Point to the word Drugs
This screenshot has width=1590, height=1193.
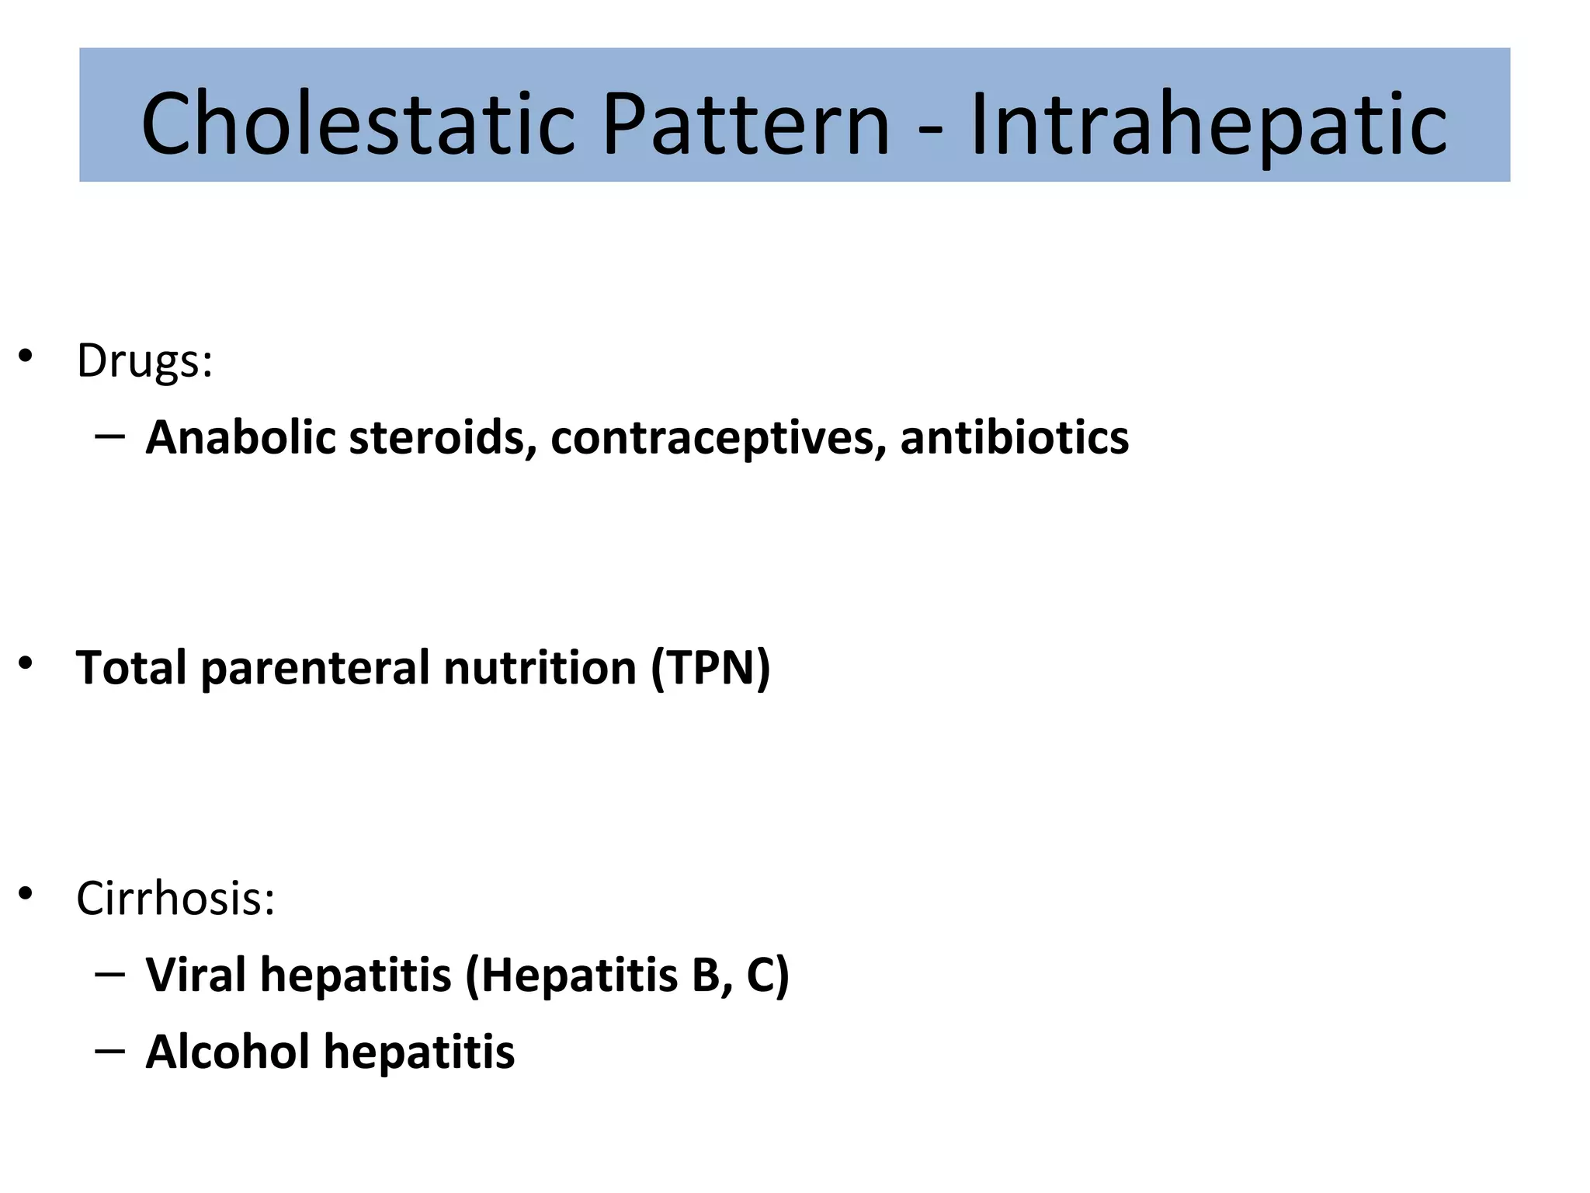(x=144, y=361)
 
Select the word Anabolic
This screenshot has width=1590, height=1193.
(x=241, y=437)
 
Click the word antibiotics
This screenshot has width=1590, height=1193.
(x=1014, y=437)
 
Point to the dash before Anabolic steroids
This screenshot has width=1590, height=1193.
(x=110, y=437)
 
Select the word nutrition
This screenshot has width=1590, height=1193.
(x=540, y=668)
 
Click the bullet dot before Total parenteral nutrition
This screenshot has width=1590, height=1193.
(x=26, y=663)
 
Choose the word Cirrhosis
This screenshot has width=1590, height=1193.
(x=175, y=899)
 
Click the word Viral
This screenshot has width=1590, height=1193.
(x=196, y=975)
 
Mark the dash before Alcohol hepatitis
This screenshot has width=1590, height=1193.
(x=110, y=1051)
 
